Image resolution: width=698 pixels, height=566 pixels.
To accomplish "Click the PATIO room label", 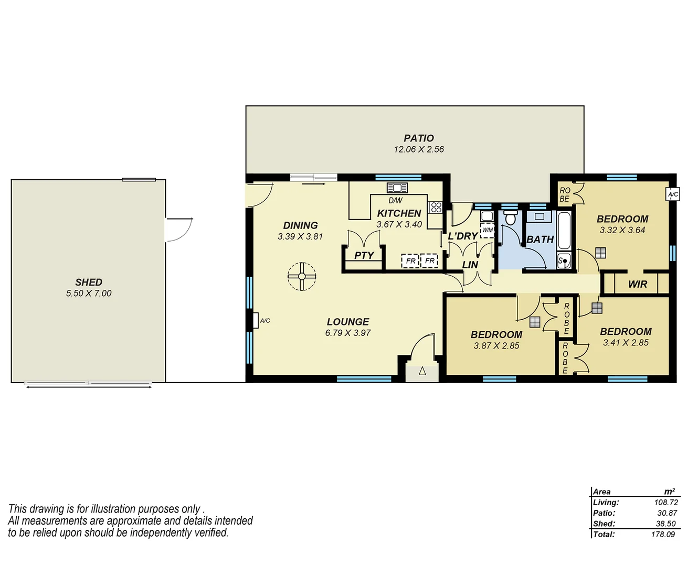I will [x=418, y=138].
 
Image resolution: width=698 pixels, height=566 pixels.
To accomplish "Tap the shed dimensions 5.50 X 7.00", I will [x=89, y=293].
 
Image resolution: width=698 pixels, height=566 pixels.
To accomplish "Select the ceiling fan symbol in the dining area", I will [x=302, y=276].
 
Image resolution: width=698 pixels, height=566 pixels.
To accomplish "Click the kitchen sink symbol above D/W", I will [x=397, y=188].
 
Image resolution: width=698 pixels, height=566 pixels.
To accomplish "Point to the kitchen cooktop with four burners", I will [x=436, y=207].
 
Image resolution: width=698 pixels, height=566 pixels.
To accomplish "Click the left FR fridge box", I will [x=410, y=261].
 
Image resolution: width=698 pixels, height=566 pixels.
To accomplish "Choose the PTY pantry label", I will [x=364, y=256].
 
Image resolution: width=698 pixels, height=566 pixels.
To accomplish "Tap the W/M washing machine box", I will [x=487, y=230].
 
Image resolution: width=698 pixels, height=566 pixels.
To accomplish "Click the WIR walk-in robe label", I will [x=637, y=285].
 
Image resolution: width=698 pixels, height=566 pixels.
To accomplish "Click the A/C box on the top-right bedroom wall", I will [x=672, y=194].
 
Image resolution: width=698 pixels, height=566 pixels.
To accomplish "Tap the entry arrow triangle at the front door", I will [x=422, y=372].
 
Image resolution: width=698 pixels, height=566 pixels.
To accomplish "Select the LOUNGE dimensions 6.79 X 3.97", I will [x=347, y=333].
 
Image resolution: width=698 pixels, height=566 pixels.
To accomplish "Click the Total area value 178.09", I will [x=663, y=535].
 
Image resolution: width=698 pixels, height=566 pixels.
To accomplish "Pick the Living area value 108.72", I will [x=665, y=503].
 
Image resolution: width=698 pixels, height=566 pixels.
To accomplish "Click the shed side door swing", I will [x=179, y=230].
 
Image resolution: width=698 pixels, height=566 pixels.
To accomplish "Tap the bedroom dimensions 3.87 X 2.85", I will [x=496, y=346].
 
